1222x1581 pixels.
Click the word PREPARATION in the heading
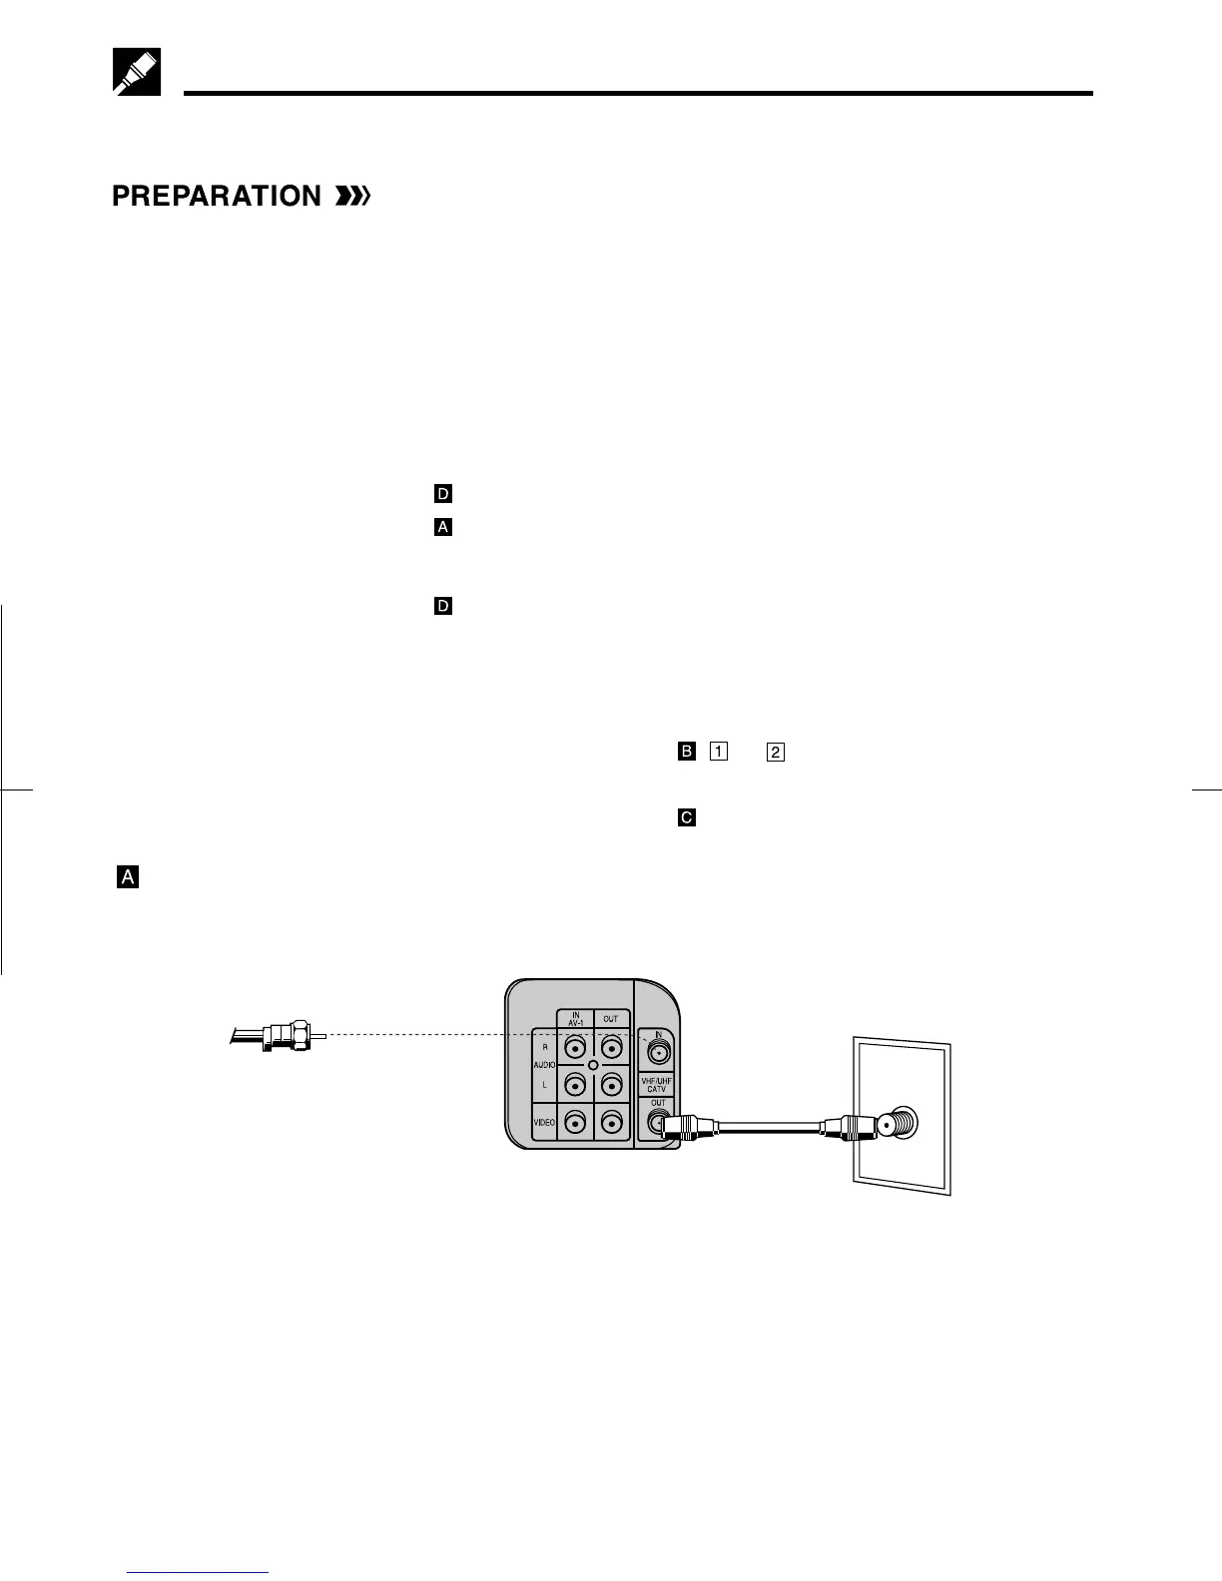pyautogui.click(x=216, y=197)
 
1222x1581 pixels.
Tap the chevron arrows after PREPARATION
pyautogui.click(x=352, y=197)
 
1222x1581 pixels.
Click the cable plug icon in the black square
pyautogui.click(x=136, y=71)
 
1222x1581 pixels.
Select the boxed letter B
pyautogui.click(x=686, y=752)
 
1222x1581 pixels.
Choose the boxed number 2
pyautogui.click(x=776, y=752)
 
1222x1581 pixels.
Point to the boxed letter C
pyautogui.click(x=686, y=817)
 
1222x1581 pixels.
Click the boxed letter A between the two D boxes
pyautogui.click(x=443, y=527)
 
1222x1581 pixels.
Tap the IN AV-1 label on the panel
pyautogui.click(x=576, y=1019)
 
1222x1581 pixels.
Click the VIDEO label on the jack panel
pyautogui.click(x=544, y=1123)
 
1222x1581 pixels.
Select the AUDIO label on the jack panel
pyautogui.click(x=544, y=1066)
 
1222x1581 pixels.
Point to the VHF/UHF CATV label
pyautogui.click(x=656, y=1084)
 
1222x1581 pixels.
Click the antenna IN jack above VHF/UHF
pyautogui.click(x=657, y=1050)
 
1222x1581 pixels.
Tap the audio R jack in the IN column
pyautogui.click(x=576, y=1048)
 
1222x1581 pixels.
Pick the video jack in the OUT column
pyautogui.click(x=611, y=1123)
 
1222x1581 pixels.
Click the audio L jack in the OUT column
pyautogui.click(x=611, y=1084)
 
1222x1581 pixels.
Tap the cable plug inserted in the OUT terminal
pyautogui.click(x=689, y=1125)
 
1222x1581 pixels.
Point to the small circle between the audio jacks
pyautogui.click(x=593, y=1066)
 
